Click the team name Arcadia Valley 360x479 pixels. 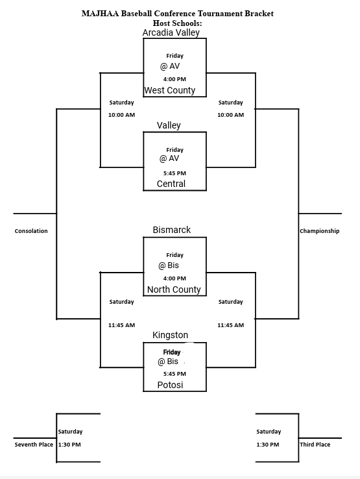click(171, 32)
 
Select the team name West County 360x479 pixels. click(169, 90)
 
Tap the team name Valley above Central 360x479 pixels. click(169, 125)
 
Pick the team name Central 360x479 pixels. click(171, 184)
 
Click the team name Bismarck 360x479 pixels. click(172, 230)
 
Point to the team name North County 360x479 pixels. click(174, 289)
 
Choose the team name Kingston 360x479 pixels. click(171, 335)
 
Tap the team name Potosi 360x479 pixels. click(170, 385)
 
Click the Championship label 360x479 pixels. click(319, 231)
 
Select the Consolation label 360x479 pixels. click(31, 231)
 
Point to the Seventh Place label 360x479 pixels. click(34, 445)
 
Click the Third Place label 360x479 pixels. click(315, 445)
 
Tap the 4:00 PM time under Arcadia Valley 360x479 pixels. click(174, 79)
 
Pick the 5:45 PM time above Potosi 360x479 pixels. click(174, 374)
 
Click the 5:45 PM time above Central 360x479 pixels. click(174, 173)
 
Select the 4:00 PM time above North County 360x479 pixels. click(174, 278)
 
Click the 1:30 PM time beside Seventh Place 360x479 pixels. click(69, 445)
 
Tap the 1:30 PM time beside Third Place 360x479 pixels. click(267, 445)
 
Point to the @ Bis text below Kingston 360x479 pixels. click(168, 362)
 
